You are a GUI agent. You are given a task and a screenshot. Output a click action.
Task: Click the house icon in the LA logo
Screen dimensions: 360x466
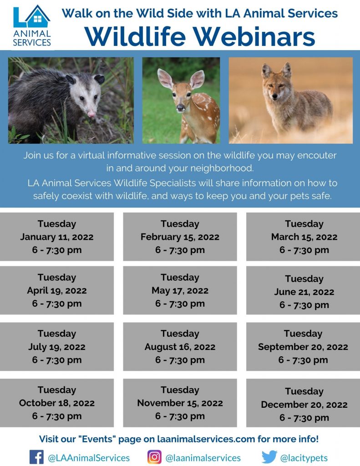tap(38, 17)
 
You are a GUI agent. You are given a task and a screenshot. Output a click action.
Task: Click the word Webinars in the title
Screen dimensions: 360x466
tap(254, 37)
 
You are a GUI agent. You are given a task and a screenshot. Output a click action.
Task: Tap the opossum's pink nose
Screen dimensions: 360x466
tap(91, 114)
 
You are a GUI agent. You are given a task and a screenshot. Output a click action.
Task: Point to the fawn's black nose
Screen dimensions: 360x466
tap(180, 107)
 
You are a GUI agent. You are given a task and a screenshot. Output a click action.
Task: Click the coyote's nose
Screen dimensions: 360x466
tap(275, 96)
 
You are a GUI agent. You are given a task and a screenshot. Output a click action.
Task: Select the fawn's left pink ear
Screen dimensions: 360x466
tap(165, 78)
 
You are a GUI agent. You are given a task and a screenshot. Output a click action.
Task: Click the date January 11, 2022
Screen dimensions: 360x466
tap(57, 237)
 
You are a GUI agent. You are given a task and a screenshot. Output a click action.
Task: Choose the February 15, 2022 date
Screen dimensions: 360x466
tap(180, 237)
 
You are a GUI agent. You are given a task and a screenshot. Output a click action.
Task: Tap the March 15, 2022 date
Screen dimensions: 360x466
tap(304, 237)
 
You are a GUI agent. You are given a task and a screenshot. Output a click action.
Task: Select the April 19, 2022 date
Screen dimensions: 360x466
tap(57, 290)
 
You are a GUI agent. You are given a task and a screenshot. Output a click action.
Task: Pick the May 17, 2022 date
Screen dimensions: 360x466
tap(180, 290)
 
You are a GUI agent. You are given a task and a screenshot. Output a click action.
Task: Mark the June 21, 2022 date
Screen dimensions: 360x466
tap(304, 292)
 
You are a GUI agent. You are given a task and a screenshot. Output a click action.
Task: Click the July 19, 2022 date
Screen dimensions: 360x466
tap(57, 347)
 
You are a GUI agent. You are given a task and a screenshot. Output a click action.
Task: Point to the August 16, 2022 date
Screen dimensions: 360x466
tap(180, 347)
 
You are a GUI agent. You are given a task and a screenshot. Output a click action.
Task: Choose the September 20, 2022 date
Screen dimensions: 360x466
tap(303, 347)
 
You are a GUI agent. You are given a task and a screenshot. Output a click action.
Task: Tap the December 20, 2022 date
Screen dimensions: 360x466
tap(304, 405)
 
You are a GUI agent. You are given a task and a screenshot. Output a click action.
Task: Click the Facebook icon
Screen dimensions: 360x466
tap(36, 457)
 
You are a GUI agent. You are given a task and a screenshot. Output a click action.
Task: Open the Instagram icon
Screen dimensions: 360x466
tap(155, 457)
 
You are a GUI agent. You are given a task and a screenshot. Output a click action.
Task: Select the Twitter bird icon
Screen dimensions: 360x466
tap(269, 457)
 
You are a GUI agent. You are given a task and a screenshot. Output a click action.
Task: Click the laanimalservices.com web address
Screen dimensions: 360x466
tap(206, 439)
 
